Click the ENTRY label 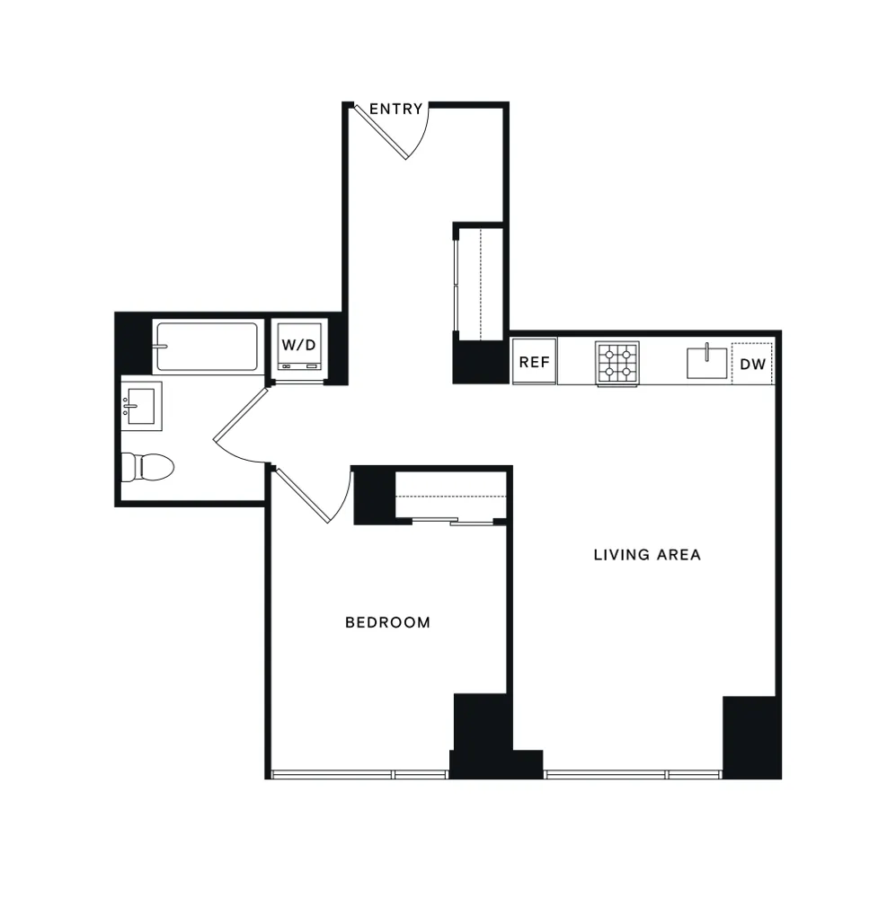395,109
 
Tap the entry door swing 395,133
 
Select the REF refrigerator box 534,363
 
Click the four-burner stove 617,363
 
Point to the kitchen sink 707,362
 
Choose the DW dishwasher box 752,364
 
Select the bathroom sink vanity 141,405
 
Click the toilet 146,466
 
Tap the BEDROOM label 387,622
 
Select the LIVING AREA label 647,555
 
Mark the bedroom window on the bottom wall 359,774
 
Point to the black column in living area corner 750,736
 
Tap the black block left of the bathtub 133,342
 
